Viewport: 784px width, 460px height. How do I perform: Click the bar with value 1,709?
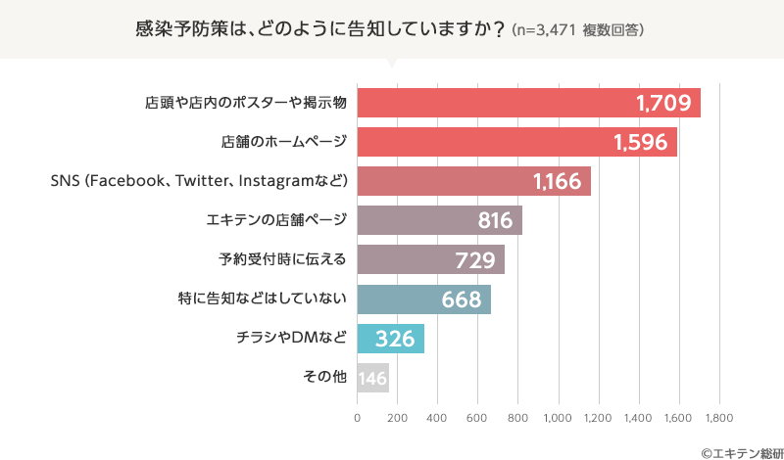tap(528, 103)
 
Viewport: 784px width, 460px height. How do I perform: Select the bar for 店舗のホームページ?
tap(516, 142)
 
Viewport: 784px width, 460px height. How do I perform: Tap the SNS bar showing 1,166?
tap(473, 181)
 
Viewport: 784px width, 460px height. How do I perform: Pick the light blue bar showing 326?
tap(390, 339)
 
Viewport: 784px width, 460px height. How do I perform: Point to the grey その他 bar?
tap(372, 378)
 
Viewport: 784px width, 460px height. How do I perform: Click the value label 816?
tap(495, 221)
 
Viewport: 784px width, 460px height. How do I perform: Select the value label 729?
tap(480, 260)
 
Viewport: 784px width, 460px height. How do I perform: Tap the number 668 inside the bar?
tap(461, 299)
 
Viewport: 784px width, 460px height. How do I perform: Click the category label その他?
tap(326, 378)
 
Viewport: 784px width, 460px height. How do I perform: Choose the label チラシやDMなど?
tap(291, 339)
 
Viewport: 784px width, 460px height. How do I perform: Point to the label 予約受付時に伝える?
tap(282, 260)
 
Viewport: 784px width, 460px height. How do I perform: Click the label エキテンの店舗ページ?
tap(277, 221)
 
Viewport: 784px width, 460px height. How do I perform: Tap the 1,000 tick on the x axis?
tap(558, 418)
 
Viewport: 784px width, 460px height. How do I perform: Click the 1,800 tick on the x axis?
tap(719, 418)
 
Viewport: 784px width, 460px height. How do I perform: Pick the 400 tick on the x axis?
tap(437, 418)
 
